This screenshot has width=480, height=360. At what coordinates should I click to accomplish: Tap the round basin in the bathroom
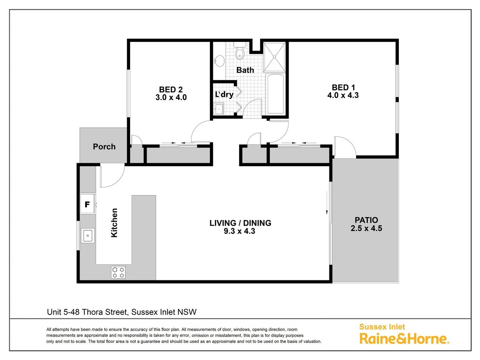click(219, 61)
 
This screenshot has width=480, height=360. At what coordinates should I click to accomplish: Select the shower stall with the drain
click(275, 57)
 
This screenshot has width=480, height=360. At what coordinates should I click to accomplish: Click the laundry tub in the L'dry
click(218, 109)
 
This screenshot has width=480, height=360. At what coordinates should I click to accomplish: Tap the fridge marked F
click(87, 204)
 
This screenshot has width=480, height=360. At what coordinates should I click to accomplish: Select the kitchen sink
click(88, 236)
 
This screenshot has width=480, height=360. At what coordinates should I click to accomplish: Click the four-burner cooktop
click(118, 272)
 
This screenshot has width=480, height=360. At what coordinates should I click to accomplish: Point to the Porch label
click(104, 146)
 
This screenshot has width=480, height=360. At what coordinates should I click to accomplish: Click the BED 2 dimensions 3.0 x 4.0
click(171, 97)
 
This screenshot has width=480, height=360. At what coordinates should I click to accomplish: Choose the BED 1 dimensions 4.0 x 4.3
click(343, 95)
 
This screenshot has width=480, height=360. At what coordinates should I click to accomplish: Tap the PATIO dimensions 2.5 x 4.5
click(366, 228)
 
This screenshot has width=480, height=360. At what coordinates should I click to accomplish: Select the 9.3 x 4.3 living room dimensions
click(240, 231)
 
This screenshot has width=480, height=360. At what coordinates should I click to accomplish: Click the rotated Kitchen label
click(115, 222)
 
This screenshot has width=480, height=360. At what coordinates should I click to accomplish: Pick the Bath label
click(245, 70)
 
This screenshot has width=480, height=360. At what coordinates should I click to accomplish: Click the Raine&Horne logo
click(404, 335)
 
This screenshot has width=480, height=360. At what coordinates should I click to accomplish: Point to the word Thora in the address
click(93, 312)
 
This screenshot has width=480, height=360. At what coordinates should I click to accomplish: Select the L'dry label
click(224, 95)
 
